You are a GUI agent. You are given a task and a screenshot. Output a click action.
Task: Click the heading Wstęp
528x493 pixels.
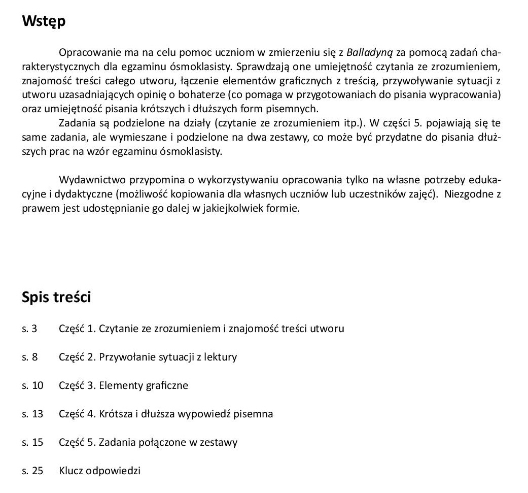coord(44,22)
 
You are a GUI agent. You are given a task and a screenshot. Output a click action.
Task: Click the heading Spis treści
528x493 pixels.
coord(56,298)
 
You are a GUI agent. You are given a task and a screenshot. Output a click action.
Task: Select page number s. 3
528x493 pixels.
coord(29,328)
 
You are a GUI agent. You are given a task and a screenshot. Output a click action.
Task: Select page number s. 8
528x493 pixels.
coord(29,357)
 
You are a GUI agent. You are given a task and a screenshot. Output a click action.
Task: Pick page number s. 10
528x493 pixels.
coord(32,385)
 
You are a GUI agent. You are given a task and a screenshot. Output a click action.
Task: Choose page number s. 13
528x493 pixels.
coord(32,414)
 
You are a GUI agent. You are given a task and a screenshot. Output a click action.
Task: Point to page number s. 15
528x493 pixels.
coord(32,442)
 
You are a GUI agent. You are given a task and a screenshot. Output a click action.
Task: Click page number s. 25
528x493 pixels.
coord(32,471)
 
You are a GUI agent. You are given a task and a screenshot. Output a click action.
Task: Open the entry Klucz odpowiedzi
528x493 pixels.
coord(99,471)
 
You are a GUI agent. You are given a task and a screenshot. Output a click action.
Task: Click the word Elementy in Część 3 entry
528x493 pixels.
coord(121,385)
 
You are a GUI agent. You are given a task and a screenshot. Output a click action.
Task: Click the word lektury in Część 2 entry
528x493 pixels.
coord(220,357)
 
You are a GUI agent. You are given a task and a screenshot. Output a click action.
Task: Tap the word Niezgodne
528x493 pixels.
coord(469,194)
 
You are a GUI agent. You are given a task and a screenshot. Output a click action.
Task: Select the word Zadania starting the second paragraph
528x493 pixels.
coord(76,123)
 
